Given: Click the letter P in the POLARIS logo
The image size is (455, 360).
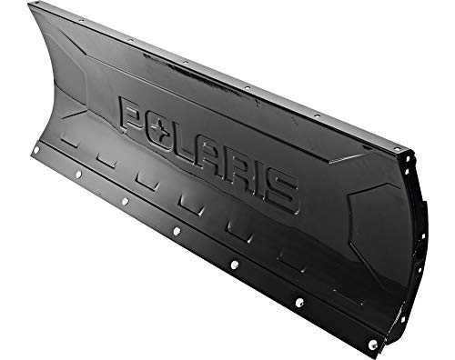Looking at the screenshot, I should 133,117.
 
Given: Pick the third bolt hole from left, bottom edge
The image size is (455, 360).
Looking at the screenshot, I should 124,201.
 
